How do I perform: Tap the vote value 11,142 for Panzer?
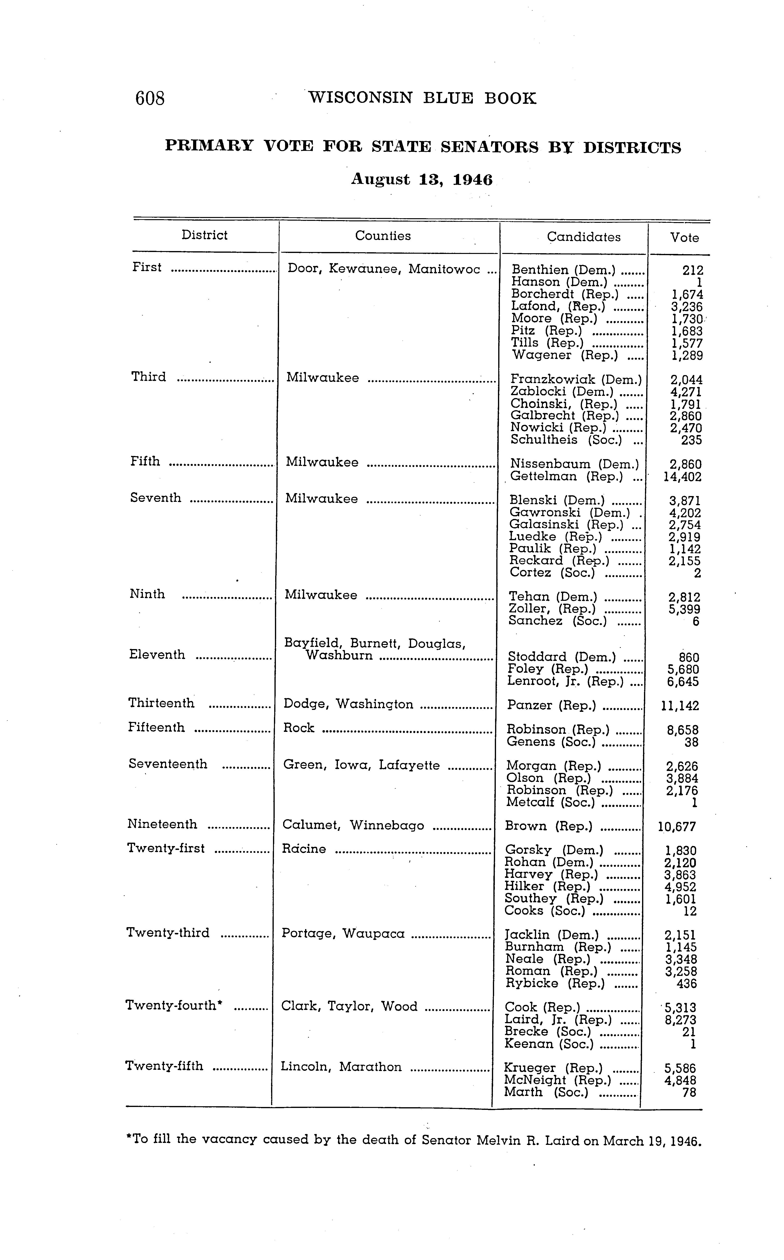pyautogui.click(x=680, y=706)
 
